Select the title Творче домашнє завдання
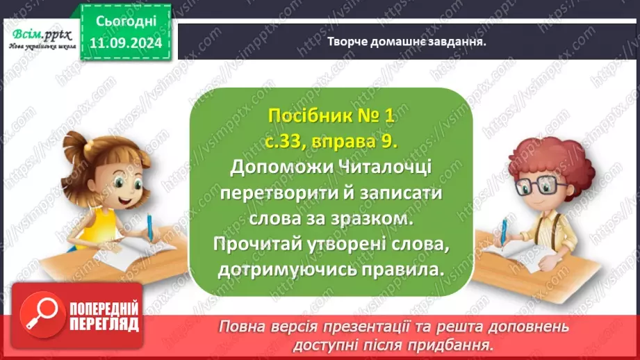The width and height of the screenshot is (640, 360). click(x=406, y=41)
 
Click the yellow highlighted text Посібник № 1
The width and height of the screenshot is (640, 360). click(x=330, y=117)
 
